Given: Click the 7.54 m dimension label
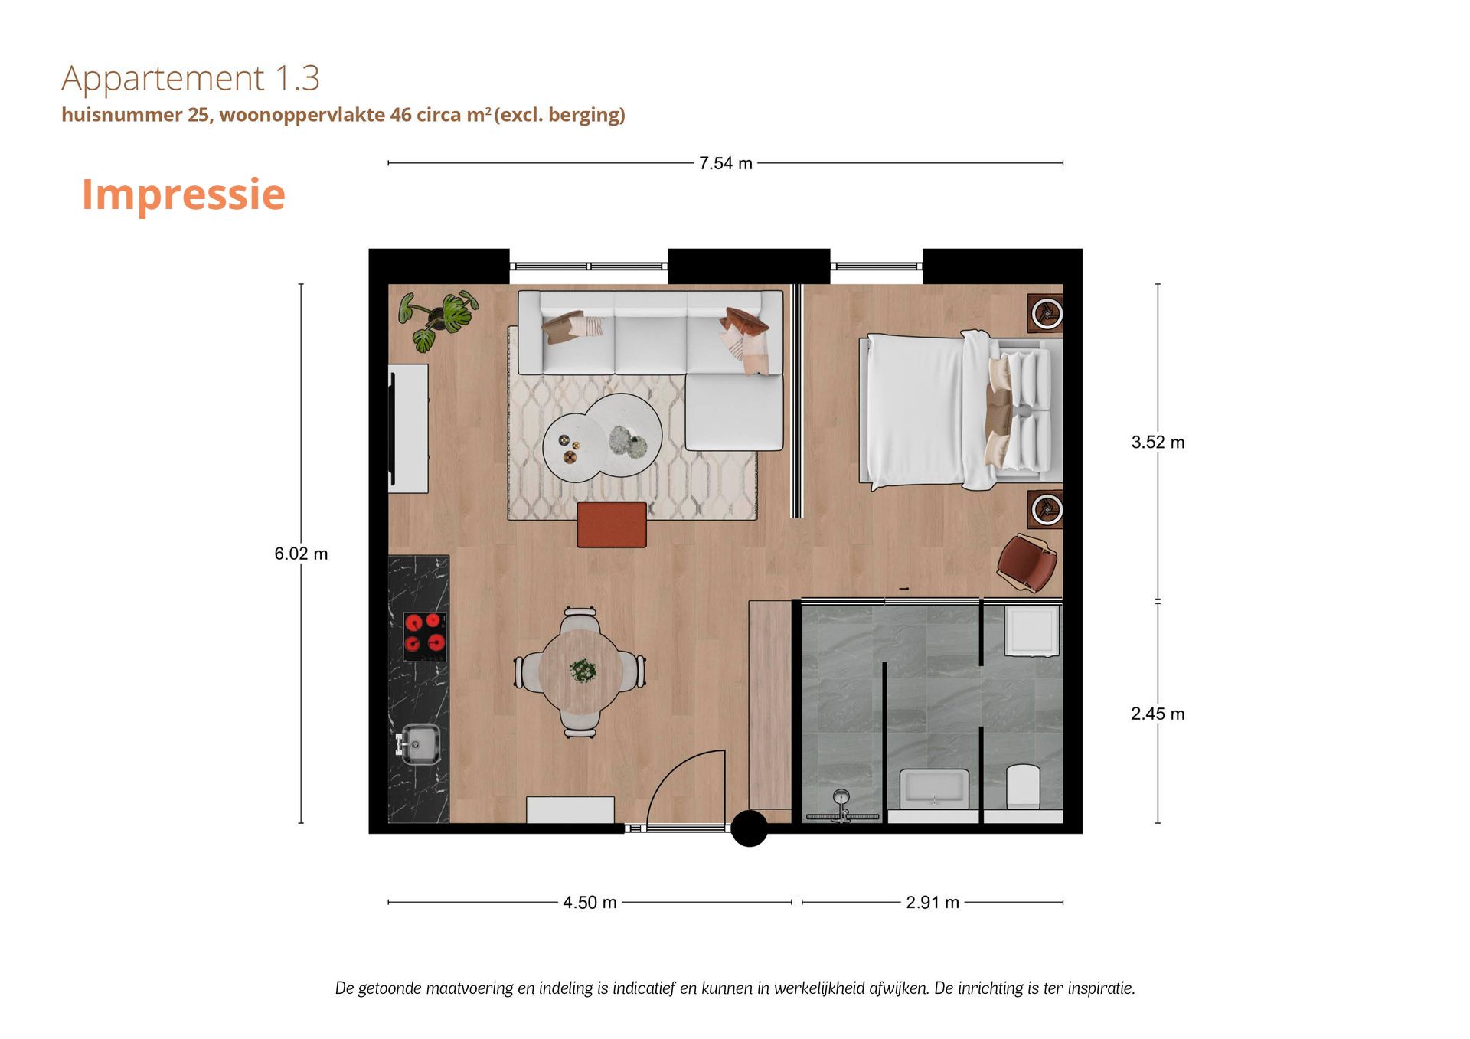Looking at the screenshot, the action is click(725, 163).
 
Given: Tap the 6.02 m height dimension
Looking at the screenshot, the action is click(301, 554).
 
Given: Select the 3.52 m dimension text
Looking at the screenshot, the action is click(1158, 443).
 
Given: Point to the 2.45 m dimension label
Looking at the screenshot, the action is click(1158, 714).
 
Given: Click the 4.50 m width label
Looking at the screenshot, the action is click(590, 903).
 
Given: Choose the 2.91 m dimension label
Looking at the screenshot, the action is click(933, 903).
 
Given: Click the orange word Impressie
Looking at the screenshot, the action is click(184, 194).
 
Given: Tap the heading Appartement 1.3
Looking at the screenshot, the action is click(191, 78).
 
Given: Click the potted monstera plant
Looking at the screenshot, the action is click(437, 319).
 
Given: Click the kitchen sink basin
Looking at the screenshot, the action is click(420, 743).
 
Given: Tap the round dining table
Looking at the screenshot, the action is click(580, 671).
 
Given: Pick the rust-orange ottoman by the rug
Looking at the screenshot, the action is click(612, 524).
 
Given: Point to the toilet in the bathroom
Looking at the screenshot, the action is click(1023, 786).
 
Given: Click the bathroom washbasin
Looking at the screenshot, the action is click(934, 788).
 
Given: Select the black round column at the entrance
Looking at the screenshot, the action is click(750, 828).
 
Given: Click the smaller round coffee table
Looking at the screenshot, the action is click(572, 448).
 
